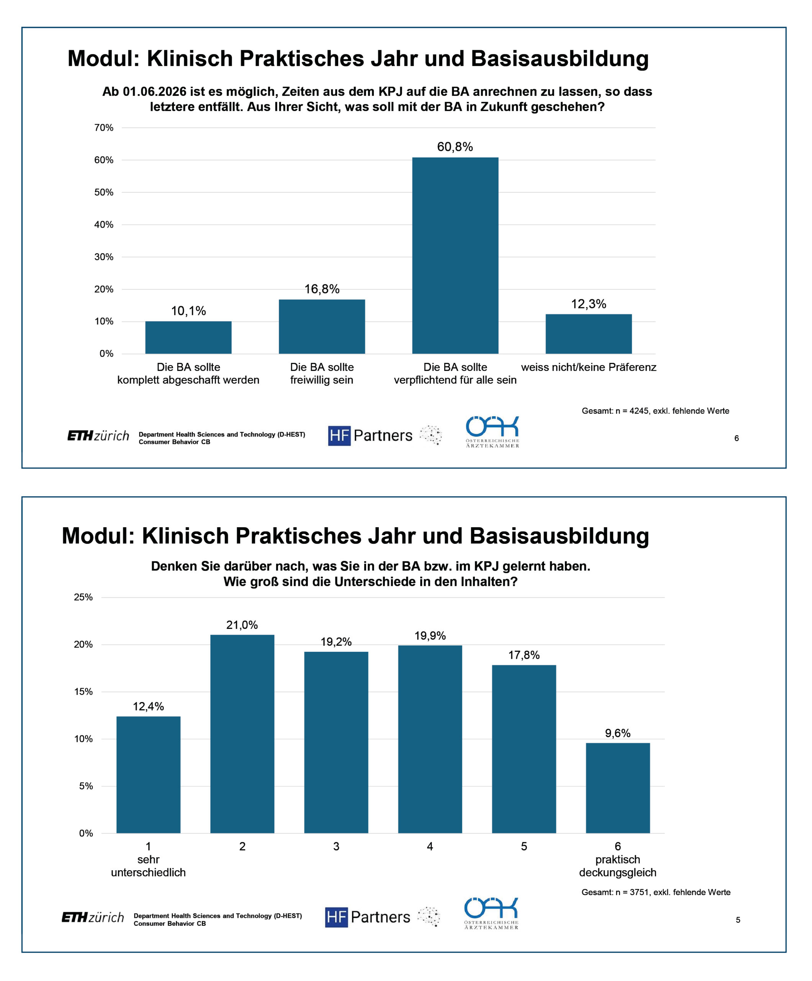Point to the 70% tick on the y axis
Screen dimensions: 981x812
point(104,128)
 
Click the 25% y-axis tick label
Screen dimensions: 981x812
point(83,597)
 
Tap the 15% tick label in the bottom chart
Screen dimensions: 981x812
point(83,691)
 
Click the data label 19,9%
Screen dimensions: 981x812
point(430,635)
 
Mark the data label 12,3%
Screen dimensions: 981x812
point(588,304)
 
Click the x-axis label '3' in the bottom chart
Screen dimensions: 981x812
point(336,846)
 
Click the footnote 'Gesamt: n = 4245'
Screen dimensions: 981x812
point(655,411)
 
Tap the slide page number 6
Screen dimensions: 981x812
point(737,438)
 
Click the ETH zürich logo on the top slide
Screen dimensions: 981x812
point(98,436)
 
